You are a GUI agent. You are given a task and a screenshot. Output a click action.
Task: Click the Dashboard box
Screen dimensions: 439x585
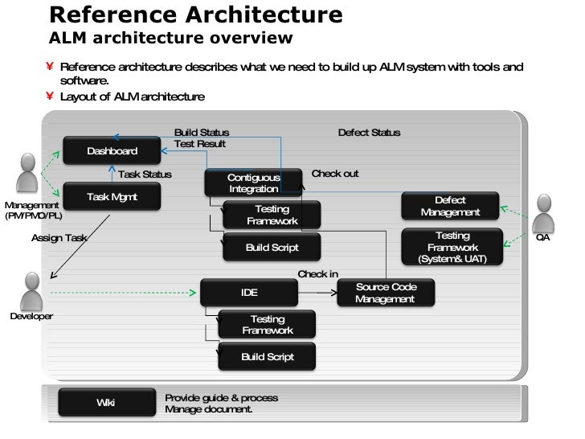pyautogui.click(x=112, y=151)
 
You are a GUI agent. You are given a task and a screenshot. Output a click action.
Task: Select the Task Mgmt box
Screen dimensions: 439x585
pyautogui.click(x=112, y=197)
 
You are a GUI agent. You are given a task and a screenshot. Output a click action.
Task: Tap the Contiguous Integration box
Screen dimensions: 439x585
pyautogui.click(x=253, y=183)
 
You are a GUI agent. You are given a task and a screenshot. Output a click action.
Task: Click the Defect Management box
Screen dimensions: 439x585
pyautogui.click(x=450, y=207)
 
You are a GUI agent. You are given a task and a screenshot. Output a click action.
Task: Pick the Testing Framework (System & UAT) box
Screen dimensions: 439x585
pyautogui.click(x=452, y=247)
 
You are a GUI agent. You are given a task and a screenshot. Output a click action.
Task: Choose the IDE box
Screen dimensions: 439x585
pyautogui.click(x=249, y=293)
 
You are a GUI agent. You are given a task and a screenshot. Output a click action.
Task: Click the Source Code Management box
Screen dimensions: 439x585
pyautogui.click(x=385, y=293)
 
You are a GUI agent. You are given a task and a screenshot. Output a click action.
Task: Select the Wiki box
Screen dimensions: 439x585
pyautogui.click(x=106, y=403)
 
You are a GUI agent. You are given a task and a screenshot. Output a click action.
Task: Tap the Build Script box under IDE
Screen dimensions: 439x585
pyautogui.click(x=267, y=357)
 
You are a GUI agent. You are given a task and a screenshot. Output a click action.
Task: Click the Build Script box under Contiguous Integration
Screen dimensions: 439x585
pyautogui.click(x=272, y=248)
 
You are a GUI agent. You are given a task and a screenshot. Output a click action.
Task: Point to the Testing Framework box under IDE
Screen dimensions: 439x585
pyautogui.click(x=267, y=325)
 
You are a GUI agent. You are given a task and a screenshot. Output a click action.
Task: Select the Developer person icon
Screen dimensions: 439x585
pyautogui.click(x=32, y=289)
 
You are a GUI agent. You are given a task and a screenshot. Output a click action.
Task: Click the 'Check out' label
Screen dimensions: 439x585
pyautogui.click(x=334, y=174)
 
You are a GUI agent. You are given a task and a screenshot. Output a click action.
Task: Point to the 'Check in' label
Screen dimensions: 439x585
pyautogui.click(x=317, y=274)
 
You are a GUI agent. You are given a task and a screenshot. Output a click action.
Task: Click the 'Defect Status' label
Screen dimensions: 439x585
pyautogui.click(x=369, y=133)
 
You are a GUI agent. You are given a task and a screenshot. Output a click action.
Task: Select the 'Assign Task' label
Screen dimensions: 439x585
pyautogui.click(x=59, y=238)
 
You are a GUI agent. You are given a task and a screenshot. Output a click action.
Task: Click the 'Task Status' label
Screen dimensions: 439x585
pyautogui.click(x=145, y=174)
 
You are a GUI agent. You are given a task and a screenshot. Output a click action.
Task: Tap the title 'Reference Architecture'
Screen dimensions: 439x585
pyautogui.click(x=196, y=14)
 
